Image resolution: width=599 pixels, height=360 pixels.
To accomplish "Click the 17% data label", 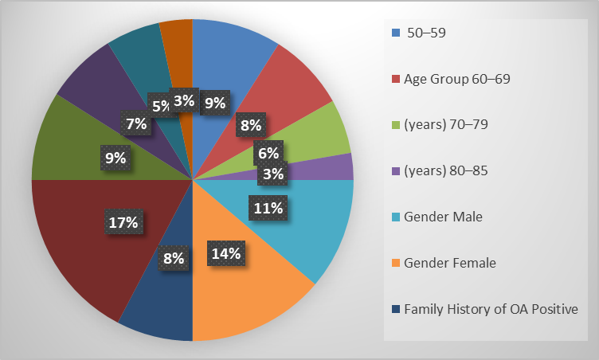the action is coord(123,221).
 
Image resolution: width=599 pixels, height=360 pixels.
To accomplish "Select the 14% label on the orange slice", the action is coord(226,253).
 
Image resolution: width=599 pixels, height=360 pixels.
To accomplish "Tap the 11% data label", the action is coord(268,208).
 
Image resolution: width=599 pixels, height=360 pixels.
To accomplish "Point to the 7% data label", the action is coord(136,123).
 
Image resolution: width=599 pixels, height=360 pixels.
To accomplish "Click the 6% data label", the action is coord(268,153).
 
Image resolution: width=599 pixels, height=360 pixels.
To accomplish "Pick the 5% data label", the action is coord(161,105).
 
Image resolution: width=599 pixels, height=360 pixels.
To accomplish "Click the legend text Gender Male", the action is coord(443,217).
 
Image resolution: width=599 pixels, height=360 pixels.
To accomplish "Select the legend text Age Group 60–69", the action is coord(457,79).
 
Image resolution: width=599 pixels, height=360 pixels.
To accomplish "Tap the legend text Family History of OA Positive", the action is coord(491,309).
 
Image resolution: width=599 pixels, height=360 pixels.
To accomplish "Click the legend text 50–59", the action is coord(426,33).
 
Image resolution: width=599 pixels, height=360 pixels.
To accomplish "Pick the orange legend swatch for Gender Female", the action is coord(396,263).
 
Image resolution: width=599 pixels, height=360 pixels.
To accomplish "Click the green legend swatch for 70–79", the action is coord(396,125).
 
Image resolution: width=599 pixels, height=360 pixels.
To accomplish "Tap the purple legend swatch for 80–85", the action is coord(396,170).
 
